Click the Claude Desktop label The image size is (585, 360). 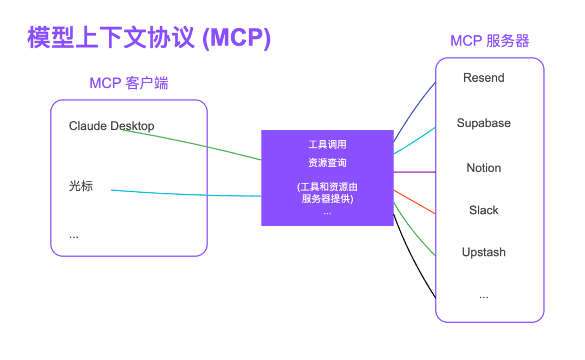coord(112,126)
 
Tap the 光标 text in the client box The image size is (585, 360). coord(81,186)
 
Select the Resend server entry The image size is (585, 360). coord(483,78)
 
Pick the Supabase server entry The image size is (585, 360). coord(483,123)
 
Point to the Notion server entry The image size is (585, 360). coord(483,168)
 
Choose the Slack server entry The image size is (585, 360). coord(483,210)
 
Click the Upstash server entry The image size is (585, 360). coord(483,252)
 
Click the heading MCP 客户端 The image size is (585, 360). coord(128,83)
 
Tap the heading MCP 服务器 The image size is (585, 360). coord(490,41)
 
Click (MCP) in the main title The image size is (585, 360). coord(236,38)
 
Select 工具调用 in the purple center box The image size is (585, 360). coord(327,145)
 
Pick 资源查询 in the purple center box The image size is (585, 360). coord(327,162)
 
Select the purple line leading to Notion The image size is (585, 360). coord(414,172)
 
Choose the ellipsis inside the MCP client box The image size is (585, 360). coord(74,235)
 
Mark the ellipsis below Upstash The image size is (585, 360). coord(483,296)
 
